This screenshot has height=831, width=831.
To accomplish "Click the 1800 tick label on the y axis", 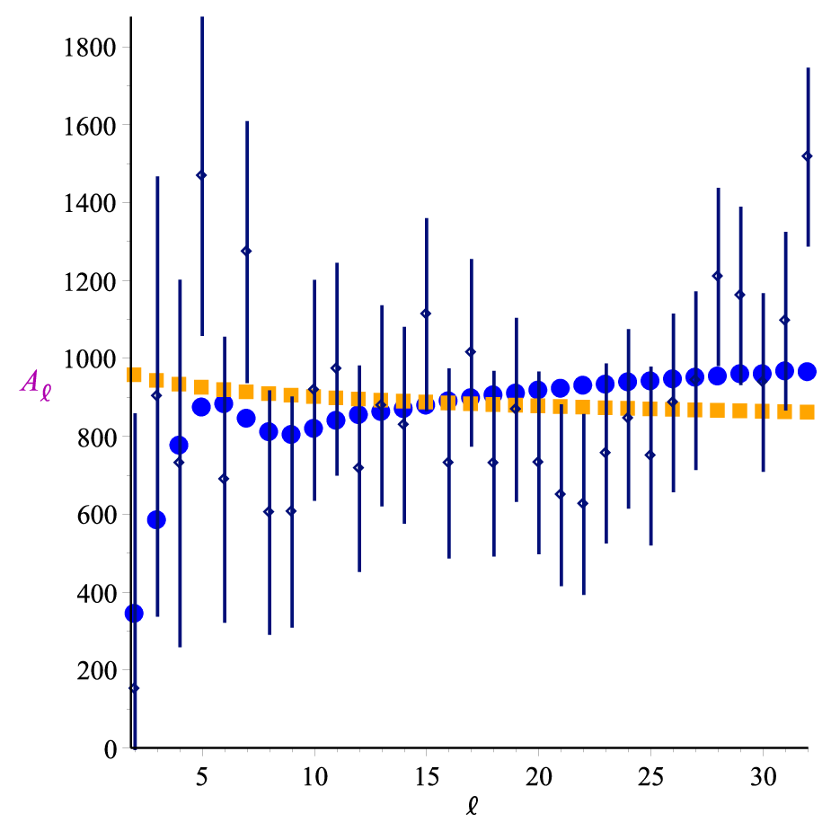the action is point(89,48).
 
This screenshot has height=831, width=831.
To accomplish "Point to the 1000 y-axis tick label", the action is point(89,360).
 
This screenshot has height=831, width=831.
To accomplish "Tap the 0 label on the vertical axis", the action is point(111,749).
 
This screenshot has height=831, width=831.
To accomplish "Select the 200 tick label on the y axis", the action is point(96,671).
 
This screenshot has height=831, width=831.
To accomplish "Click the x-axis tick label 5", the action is point(202,777).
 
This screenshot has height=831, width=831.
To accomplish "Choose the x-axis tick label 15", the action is point(426,777).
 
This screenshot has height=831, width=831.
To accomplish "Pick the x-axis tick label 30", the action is point(763,777).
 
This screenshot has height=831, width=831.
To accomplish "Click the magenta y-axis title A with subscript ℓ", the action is point(36,385).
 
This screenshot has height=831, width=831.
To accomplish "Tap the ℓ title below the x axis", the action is point(472,806).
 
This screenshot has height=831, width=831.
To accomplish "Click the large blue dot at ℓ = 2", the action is point(134,614).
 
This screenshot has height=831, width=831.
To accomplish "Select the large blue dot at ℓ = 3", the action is point(156,520).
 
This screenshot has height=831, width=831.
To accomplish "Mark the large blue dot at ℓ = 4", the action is point(179,446).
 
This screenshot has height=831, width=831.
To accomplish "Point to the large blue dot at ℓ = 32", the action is point(807,372).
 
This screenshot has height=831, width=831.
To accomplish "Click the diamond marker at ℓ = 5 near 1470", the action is point(201,175).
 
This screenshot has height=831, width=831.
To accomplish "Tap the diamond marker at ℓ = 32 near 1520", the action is point(807,155).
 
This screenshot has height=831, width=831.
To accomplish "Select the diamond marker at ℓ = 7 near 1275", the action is point(246,252).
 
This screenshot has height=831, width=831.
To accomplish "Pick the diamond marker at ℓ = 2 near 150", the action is point(134,688).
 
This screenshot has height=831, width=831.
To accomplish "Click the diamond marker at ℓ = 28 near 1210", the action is point(718,276).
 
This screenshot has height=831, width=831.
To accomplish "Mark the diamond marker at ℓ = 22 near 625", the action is point(583,503).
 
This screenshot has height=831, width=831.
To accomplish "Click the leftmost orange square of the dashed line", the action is point(134,375).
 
